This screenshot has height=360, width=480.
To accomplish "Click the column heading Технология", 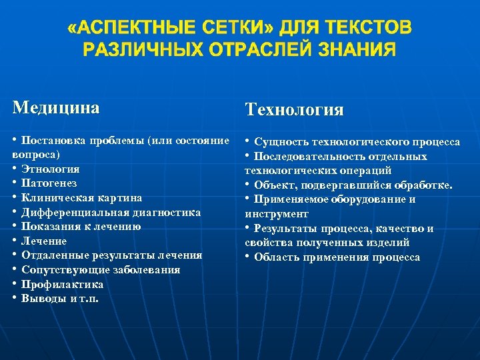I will click(294, 110).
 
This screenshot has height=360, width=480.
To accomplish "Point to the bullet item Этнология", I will click(51, 169).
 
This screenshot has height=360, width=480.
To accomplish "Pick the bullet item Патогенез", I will click(49, 183).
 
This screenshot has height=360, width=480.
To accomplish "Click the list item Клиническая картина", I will click(81, 198).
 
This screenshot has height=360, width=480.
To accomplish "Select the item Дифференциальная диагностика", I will click(111, 213).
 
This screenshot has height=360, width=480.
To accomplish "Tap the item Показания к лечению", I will click(81, 227).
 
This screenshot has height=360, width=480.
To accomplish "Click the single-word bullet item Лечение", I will click(44, 241).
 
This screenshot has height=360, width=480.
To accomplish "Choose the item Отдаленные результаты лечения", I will click(111, 255).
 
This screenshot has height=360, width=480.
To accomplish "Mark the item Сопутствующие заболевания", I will click(101, 270).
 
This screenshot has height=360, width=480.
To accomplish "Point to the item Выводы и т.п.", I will click(59, 299).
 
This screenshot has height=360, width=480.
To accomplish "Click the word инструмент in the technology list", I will click(277, 214).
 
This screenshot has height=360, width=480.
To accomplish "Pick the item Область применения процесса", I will click(337, 257).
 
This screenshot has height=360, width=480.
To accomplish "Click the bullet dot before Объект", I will click(247, 185).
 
